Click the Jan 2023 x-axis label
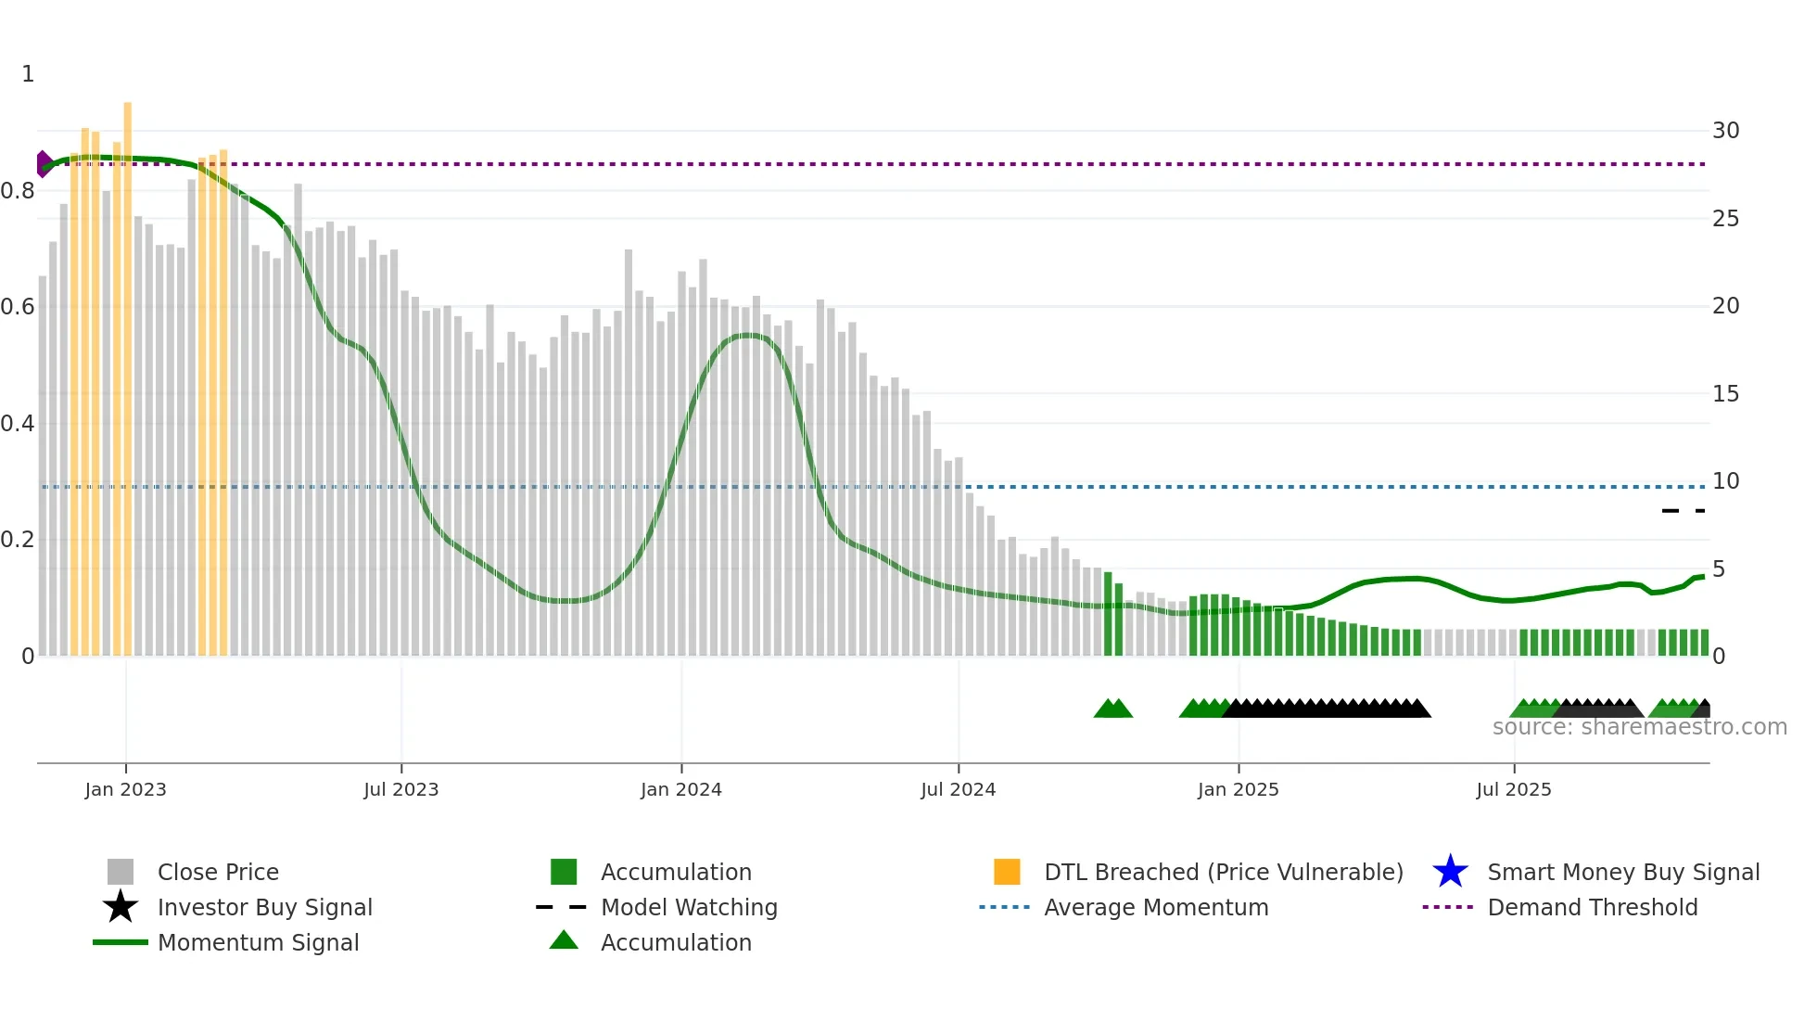click(x=125, y=790)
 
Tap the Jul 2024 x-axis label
click(x=958, y=790)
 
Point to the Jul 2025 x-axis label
click(x=1513, y=790)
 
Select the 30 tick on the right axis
click(x=1725, y=131)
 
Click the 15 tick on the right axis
click(x=1725, y=394)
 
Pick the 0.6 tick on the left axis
click(x=19, y=307)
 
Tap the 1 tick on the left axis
click(x=28, y=74)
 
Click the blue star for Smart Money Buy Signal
click(x=1450, y=872)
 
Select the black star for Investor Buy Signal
click(x=121, y=907)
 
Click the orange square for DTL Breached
click(x=1007, y=872)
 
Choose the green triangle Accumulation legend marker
click(x=564, y=940)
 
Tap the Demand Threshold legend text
click(x=1592, y=907)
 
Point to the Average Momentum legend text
click(x=1156, y=907)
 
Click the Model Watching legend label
click(x=689, y=907)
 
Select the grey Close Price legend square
click(x=121, y=872)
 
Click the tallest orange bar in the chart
click(x=128, y=371)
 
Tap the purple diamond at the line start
click(x=44, y=164)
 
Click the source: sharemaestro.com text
click(x=1639, y=727)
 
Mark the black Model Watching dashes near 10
click(x=1683, y=511)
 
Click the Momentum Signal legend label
click(x=258, y=942)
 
